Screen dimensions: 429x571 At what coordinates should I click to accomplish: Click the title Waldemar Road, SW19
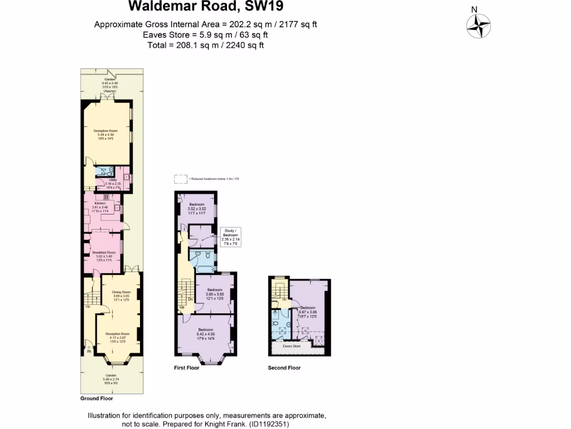pyautogui.click(x=206, y=7)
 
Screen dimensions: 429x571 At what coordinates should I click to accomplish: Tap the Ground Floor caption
pyautogui.click(x=97, y=398)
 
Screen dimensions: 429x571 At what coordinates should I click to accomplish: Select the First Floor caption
pyautogui.click(x=187, y=368)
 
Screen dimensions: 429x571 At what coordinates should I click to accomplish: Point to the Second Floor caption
pyautogui.click(x=284, y=368)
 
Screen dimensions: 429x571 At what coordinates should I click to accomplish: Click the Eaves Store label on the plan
pyautogui.click(x=292, y=346)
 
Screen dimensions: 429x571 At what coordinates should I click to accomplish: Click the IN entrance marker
pyautogui.click(x=88, y=352)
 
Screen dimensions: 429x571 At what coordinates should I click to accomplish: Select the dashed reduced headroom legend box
pyautogui.click(x=180, y=179)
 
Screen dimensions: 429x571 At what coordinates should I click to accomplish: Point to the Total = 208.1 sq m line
pyautogui.click(x=206, y=45)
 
